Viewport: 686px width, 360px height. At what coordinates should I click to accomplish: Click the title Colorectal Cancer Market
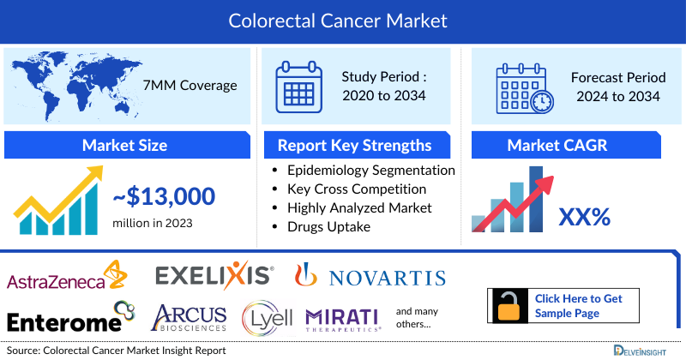(342, 18)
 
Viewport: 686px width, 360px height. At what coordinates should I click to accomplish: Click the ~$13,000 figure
(164, 196)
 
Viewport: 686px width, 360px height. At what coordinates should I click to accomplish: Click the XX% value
(584, 218)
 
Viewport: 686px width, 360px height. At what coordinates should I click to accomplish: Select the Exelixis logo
(214, 276)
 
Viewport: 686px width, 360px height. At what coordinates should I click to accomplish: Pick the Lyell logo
(268, 318)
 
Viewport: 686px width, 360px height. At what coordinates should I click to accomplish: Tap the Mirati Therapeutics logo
(343, 319)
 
